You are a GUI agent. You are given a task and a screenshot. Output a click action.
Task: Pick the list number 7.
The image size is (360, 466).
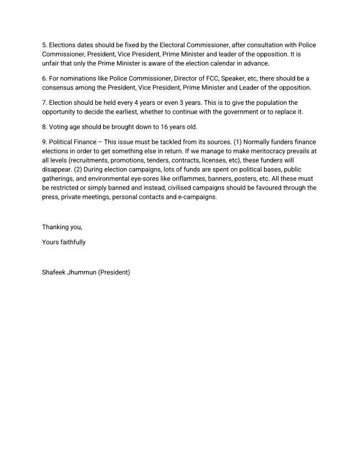click(44, 103)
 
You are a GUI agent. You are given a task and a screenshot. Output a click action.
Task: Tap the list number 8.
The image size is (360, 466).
click(44, 127)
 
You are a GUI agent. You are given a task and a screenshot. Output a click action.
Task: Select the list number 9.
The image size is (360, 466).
click(44, 142)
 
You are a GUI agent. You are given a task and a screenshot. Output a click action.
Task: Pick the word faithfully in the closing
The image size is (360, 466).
click(72, 242)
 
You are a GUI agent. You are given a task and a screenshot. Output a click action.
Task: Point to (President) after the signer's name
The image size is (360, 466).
click(114, 272)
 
